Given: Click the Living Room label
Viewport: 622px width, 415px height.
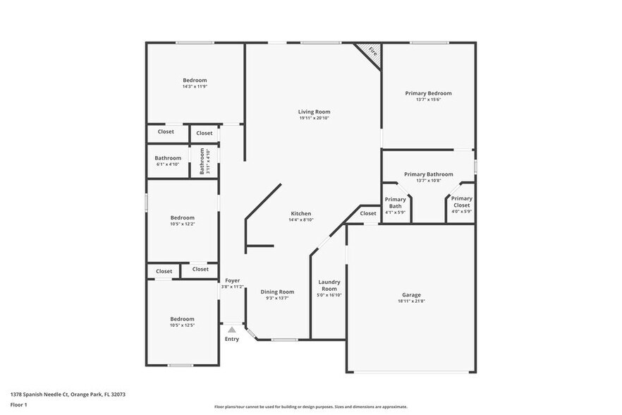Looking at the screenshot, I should (x=314, y=112).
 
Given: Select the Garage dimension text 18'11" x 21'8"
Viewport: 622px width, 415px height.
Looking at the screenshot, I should (x=411, y=301).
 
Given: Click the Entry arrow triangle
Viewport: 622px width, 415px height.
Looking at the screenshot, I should (x=231, y=330).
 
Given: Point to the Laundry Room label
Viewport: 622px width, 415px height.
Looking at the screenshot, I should (x=329, y=286).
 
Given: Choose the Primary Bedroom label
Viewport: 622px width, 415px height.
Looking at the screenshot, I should (x=428, y=93).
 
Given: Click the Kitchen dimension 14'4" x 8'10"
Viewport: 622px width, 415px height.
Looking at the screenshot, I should (x=301, y=220).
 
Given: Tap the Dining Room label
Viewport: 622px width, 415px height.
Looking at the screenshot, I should (x=277, y=291).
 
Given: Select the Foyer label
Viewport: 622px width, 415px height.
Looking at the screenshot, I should (x=232, y=280).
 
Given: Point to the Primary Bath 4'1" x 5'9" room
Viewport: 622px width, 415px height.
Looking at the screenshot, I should (x=395, y=205).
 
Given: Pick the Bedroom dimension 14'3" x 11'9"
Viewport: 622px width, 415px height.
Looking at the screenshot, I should (x=195, y=87).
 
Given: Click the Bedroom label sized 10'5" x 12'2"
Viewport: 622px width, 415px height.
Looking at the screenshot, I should (x=182, y=217).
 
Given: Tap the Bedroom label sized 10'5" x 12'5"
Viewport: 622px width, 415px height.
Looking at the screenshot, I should (x=182, y=319).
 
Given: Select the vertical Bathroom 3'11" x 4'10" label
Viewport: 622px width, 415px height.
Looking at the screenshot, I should (x=203, y=162).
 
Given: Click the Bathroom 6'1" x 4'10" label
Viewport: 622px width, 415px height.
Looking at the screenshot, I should (x=168, y=158).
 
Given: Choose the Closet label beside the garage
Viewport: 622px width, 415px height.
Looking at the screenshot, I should (x=368, y=213).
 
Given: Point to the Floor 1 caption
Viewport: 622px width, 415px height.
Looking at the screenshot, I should (x=18, y=404).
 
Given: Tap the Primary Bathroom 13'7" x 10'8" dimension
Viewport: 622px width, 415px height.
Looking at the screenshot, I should (x=428, y=181).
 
